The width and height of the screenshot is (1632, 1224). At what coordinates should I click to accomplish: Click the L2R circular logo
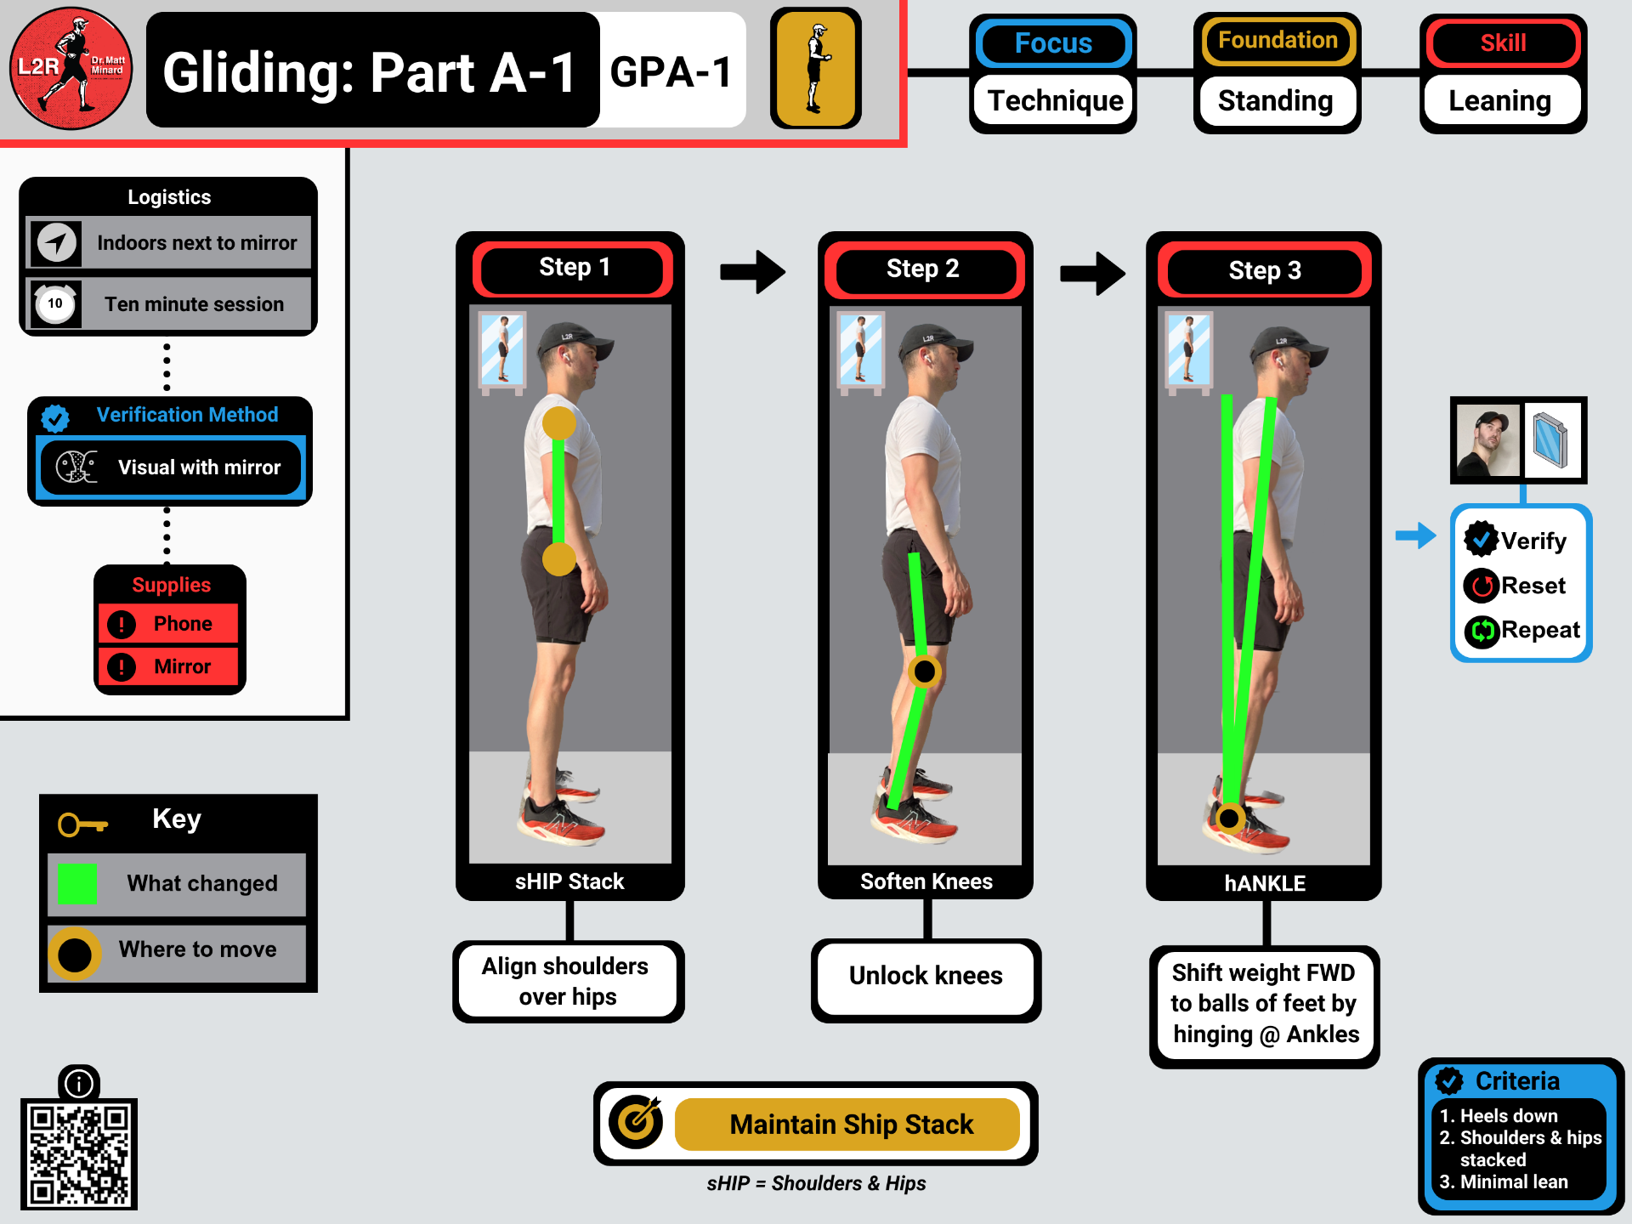pyautogui.click(x=71, y=69)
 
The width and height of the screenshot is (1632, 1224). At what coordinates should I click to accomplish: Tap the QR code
pyautogui.click(x=79, y=1153)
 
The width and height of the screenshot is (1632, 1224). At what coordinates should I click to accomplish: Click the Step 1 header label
pyautogui.click(x=573, y=269)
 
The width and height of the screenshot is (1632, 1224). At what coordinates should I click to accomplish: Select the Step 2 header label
pyautogui.click(x=923, y=269)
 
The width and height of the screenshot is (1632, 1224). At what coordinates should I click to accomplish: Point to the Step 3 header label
pyautogui.click(x=1264, y=271)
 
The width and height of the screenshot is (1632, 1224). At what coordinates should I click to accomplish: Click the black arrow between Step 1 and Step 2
pyautogui.click(x=752, y=272)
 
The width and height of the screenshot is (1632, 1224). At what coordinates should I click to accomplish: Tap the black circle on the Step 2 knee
pyautogui.click(x=924, y=671)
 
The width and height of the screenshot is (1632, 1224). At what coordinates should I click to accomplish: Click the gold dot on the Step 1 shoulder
pyautogui.click(x=559, y=423)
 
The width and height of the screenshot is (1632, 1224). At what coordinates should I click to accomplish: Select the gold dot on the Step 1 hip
pyautogui.click(x=559, y=559)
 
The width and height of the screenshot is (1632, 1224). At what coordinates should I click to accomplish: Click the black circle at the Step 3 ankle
pyautogui.click(x=1229, y=818)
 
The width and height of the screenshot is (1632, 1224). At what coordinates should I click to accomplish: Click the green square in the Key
pyautogui.click(x=76, y=883)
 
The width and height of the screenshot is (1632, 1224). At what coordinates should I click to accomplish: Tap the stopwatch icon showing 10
pyautogui.click(x=55, y=303)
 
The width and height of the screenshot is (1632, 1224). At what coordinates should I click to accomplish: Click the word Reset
pyautogui.click(x=1533, y=586)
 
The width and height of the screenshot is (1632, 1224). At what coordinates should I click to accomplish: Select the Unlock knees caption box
pyautogui.click(x=926, y=976)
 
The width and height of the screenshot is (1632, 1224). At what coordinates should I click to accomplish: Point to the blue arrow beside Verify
pyautogui.click(x=1415, y=535)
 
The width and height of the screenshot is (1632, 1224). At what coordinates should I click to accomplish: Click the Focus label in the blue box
pyautogui.click(x=1053, y=43)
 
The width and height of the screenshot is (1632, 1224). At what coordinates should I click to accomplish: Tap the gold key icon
pyautogui.click(x=82, y=824)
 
